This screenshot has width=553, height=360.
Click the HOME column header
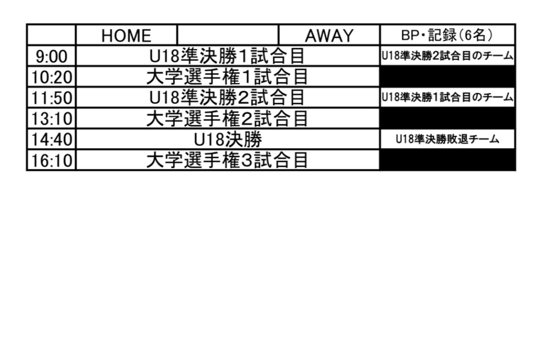pos(126,35)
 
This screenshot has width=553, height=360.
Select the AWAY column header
pos(329,35)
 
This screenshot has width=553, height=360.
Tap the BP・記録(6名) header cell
pos(447,35)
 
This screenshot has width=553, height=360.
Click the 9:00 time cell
pos(52,56)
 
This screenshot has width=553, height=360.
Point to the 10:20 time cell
pos(52,77)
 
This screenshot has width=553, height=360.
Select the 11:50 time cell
pos(52,98)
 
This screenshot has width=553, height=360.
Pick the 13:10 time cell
pos(52,119)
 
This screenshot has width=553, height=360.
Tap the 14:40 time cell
pos(52,139)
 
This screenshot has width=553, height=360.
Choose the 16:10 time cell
pos(52,160)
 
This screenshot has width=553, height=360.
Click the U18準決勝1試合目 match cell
pos(227,56)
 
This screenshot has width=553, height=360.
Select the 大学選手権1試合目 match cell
pos(227,77)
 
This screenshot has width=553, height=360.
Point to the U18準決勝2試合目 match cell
pos(227,98)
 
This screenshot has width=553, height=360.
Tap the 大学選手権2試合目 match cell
pos(227,119)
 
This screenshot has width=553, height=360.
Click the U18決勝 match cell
pos(227,139)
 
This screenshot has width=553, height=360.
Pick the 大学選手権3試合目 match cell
pos(227,160)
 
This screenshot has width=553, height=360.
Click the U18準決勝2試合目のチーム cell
pos(447,56)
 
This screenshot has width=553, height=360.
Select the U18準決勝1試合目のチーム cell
pos(447,98)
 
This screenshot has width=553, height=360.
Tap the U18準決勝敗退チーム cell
pos(447,139)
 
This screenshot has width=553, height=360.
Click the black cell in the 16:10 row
pos(447,160)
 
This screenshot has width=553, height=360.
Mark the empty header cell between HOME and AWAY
pos(228,35)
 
